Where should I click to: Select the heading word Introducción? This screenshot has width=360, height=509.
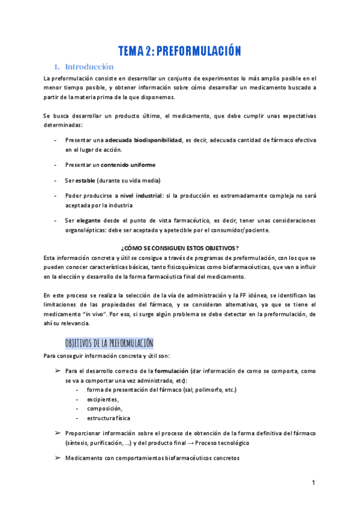click(89, 67)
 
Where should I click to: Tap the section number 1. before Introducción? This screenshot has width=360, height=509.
click(57, 67)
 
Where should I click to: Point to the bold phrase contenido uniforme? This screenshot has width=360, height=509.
click(128, 164)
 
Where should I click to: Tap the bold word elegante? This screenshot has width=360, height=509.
click(89, 220)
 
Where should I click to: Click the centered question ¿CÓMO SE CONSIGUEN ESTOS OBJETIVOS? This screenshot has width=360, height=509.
click(180, 248)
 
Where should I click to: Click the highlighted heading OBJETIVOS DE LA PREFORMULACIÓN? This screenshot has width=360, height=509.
click(109, 343)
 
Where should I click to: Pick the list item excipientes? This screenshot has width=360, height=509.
click(103, 399)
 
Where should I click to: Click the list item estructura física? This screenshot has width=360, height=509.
click(109, 418)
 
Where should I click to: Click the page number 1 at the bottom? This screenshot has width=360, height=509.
click(313, 483)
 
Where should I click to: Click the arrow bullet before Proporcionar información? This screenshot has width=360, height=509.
click(58, 433)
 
